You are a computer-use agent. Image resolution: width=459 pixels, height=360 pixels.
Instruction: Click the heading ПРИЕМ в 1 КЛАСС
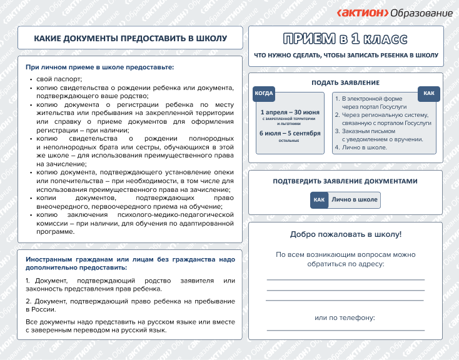[x=346, y=39]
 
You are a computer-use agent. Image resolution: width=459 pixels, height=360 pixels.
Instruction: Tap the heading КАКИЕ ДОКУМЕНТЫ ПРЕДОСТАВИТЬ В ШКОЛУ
[x=130, y=39]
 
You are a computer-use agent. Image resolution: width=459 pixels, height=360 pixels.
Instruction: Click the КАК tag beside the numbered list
[x=428, y=94]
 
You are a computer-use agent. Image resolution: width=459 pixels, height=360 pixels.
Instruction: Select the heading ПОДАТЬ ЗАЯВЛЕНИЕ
[x=345, y=82]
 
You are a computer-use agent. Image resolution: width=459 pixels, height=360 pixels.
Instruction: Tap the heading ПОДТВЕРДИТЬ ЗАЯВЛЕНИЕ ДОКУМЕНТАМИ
[x=345, y=181]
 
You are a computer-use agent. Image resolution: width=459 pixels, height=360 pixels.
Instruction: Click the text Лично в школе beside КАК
[x=355, y=200]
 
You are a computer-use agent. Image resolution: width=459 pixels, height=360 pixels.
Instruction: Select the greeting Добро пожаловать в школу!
[x=345, y=234]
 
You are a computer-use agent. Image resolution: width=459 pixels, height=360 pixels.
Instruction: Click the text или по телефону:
[x=345, y=317]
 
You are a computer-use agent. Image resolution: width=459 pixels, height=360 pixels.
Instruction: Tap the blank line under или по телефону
[x=345, y=329]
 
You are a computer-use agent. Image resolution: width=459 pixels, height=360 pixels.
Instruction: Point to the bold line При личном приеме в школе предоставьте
[x=99, y=67]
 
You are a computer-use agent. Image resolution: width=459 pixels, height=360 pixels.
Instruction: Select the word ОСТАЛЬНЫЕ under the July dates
[x=289, y=141]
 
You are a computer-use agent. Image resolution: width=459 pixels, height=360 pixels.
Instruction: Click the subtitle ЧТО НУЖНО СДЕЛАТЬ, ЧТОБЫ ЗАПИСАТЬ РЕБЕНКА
[x=346, y=56]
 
